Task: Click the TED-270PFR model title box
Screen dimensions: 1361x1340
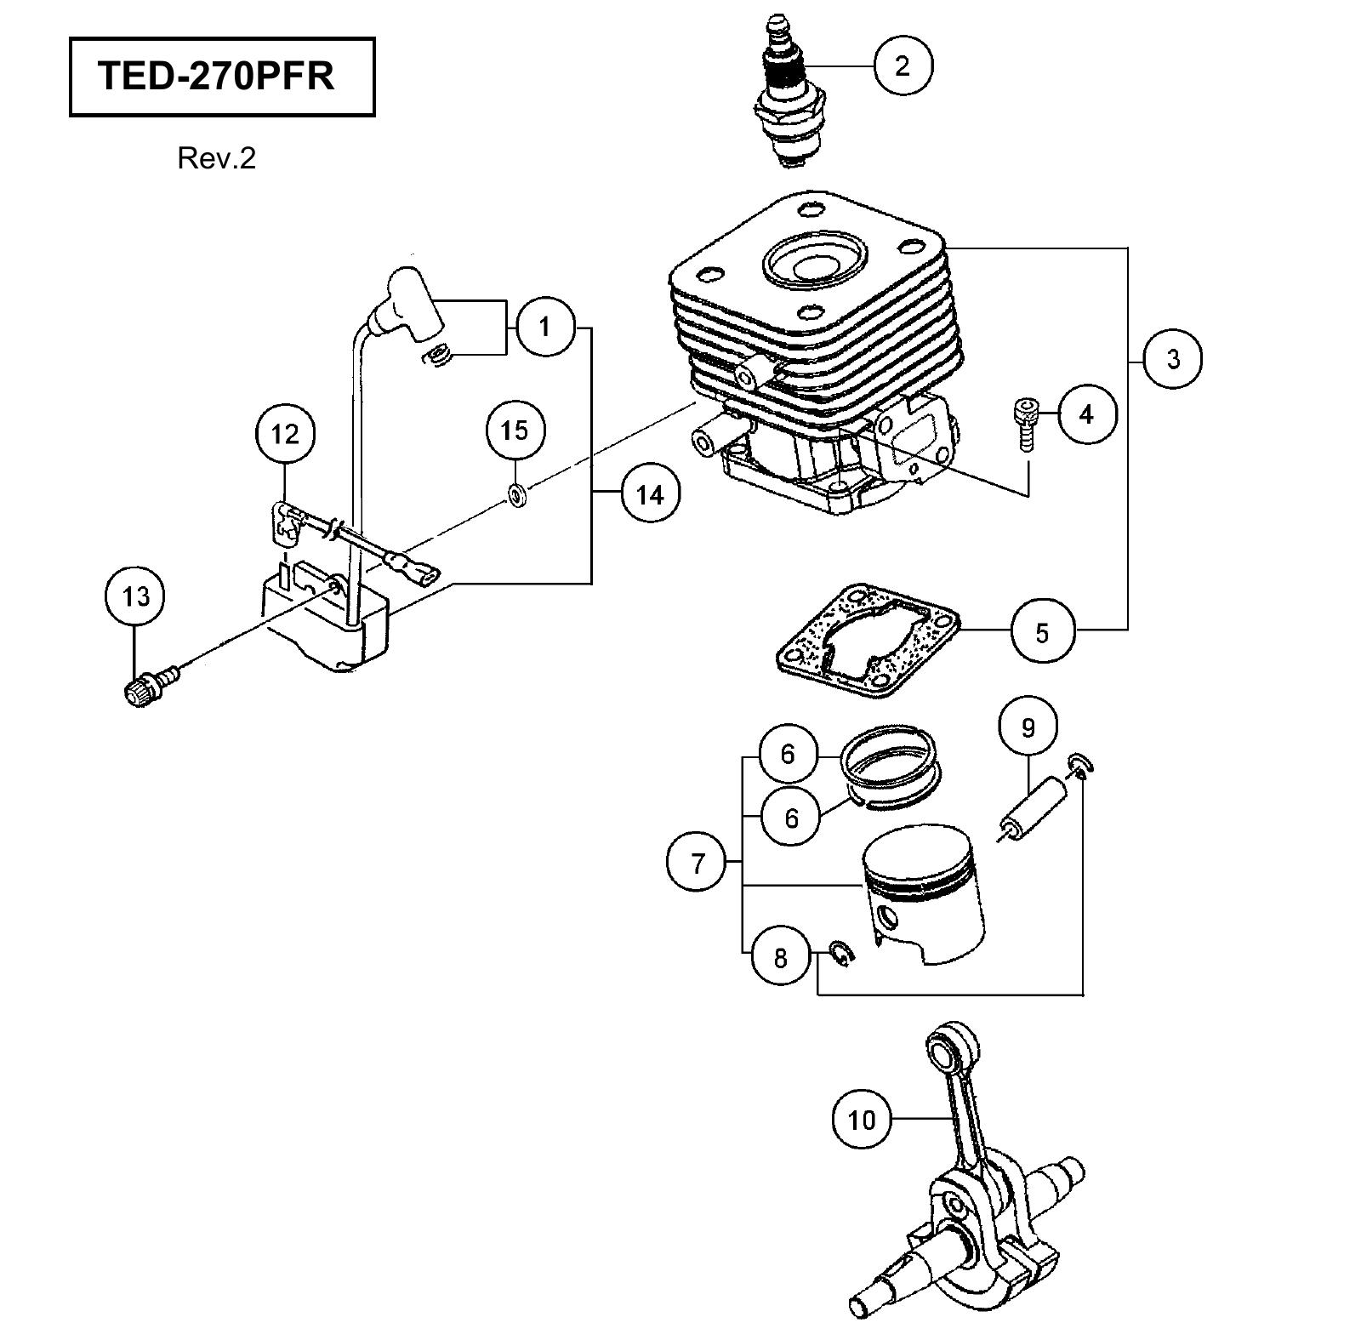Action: click(x=222, y=76)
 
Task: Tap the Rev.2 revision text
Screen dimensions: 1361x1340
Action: click(x=216, y=158)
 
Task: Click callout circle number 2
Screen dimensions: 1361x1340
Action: click(x=903, y=66)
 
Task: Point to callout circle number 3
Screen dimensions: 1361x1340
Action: click(x=1173, y=359)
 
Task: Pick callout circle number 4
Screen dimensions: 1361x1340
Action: click(x=1086, y=414)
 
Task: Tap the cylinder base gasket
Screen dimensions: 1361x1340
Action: click(x=868, y=640)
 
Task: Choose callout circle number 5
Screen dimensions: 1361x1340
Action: click(x=1042, y=632)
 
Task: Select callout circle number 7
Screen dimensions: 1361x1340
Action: click(x=698, y=863)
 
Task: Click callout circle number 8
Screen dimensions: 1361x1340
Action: click(x=781, y=958)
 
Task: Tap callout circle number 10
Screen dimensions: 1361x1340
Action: click(x=861, y=1120)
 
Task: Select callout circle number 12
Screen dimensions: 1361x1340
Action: click(x=285, y=435)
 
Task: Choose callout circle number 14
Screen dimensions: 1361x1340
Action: click(x=650, y=493)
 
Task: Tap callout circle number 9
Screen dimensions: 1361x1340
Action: click(x=1028, y=727)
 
